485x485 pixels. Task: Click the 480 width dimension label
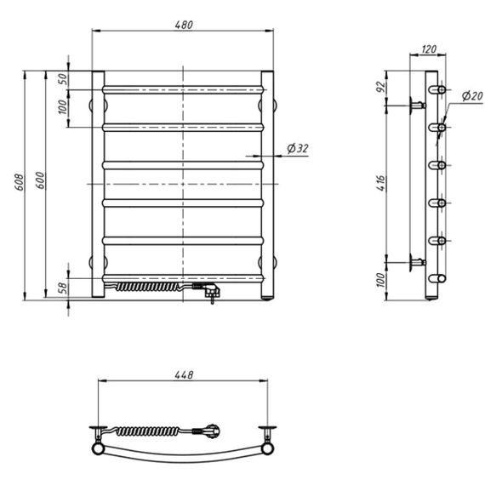point(184,25)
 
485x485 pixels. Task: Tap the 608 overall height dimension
point(20,182)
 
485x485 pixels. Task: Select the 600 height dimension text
point(40,180)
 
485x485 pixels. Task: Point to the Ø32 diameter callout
point(298,148)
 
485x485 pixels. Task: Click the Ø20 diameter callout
point(472,95)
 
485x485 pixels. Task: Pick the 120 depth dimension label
point(429,48)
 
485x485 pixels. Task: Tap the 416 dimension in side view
point(382,183)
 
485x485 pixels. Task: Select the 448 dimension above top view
point(184,375)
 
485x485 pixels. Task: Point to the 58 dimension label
point(63,288)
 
